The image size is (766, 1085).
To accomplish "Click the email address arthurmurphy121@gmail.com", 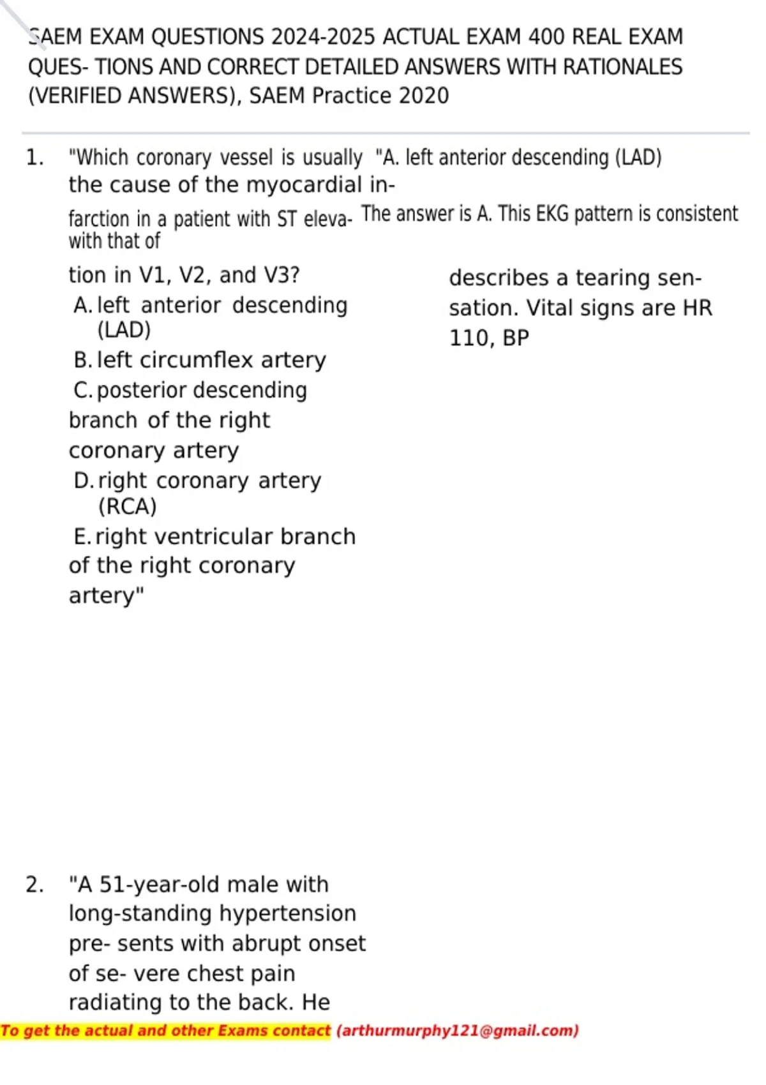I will click(x=457, y=1031).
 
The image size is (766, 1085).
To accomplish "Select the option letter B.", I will click(x=82, y=360).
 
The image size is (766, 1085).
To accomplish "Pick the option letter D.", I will click(x=83, y=481).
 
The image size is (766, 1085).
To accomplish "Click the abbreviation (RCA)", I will click(x=127, y=507).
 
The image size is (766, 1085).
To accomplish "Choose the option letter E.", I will click(x=82, y=537).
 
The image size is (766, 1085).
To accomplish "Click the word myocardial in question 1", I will click(x=304, y=185).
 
